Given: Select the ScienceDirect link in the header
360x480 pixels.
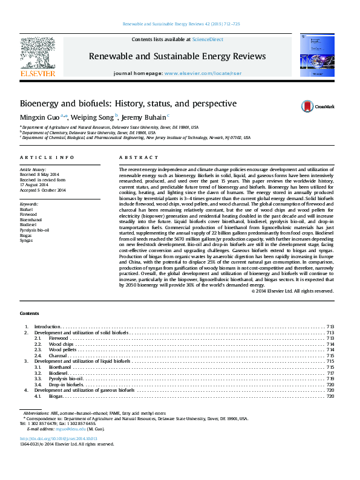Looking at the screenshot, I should point(208,39).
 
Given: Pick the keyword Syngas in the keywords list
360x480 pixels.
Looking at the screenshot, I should point(27,241).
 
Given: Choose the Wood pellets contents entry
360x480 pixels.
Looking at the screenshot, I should point(64,349).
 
